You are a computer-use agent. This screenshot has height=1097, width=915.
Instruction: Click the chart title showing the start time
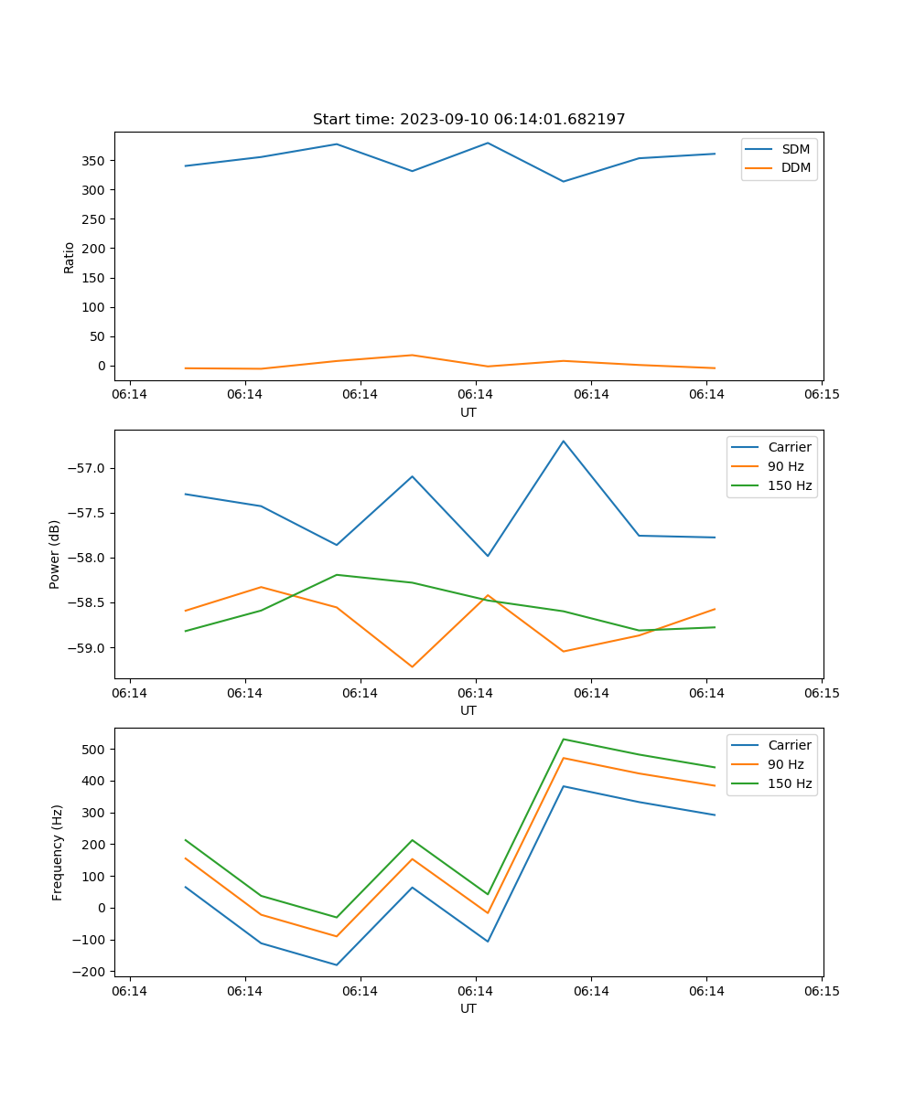(468, 120)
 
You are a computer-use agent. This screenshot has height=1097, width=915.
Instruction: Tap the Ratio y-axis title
(70, 257)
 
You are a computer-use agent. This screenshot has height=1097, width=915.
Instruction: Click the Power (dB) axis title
(55, 554)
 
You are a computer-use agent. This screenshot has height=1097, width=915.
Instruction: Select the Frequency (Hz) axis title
(57, 852)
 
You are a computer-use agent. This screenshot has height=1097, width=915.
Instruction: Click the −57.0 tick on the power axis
(90, 469)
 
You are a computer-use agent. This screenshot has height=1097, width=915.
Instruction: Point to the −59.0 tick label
(90, 648)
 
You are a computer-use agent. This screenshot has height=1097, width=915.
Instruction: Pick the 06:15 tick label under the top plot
(822, 394)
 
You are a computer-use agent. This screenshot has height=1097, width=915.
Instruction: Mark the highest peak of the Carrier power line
(564, 441)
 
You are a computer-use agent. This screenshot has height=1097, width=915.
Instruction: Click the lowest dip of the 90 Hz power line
(412, 666)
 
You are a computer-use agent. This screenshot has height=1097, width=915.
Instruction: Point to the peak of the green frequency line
(564, 739)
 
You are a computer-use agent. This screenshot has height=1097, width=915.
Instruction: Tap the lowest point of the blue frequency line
(336, 964)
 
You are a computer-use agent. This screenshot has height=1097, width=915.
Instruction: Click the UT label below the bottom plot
(468, 1008)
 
